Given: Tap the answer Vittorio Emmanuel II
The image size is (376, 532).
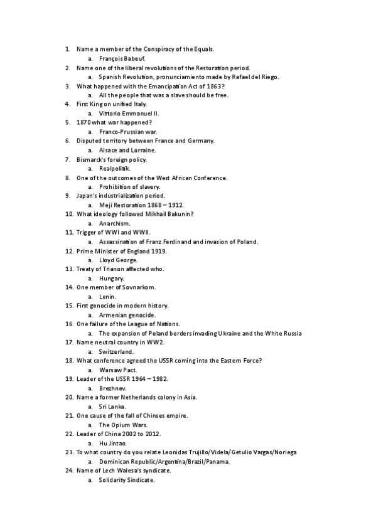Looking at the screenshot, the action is pyautogui.click(x=129, y=114).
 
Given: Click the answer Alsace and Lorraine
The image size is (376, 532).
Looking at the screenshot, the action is pyautogui.click(x=127, y=150).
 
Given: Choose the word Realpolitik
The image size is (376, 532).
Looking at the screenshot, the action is pyautogui.click(x=114, y=169).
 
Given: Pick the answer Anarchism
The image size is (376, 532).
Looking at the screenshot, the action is pyautogui.click(x=114, y=223).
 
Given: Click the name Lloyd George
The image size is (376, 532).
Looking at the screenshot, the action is pyautogui.click(x=118, y=260).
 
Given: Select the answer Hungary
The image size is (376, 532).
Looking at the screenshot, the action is pyautogui.click(x=112, y=278).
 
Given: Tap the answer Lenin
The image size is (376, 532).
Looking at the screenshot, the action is pyautogui.click(x=107, y=296).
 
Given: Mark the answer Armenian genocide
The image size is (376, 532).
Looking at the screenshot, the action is pyautogui.click(x=127, y=314).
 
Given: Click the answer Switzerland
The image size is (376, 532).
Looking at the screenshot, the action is pyautogui.click(x=116, y=352).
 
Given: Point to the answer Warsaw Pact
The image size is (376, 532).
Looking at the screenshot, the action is pyautogui.click(x=118, y=370).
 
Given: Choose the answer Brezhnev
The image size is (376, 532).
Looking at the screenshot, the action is pyautogui.click(x=112, y=388).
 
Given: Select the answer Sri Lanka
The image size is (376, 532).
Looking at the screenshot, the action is pyautogui.click(x=112, y=407).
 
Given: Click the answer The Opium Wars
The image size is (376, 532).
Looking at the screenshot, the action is pyautogui.click(x=122, y=425).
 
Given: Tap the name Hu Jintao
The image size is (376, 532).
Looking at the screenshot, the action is pyautogui.click(x=113, y=443).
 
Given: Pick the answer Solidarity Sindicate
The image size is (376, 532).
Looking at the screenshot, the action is pyautogui.click(x=126, y=480).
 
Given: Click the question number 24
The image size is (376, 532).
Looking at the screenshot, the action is pyautogui.click(x=69, y=471).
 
